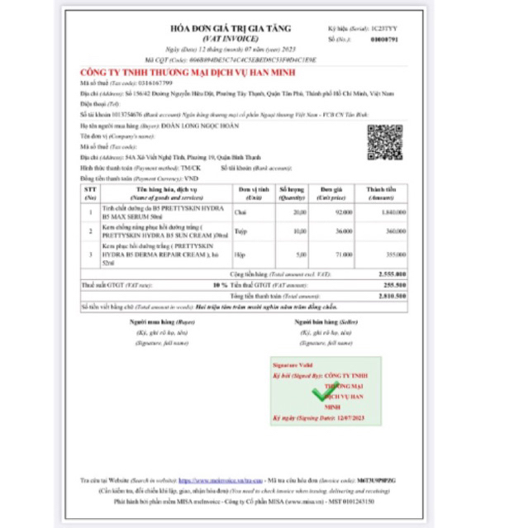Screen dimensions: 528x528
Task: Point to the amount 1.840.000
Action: (x=387, y=212)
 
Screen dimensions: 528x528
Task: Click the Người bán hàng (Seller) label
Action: (x=314, y=322)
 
